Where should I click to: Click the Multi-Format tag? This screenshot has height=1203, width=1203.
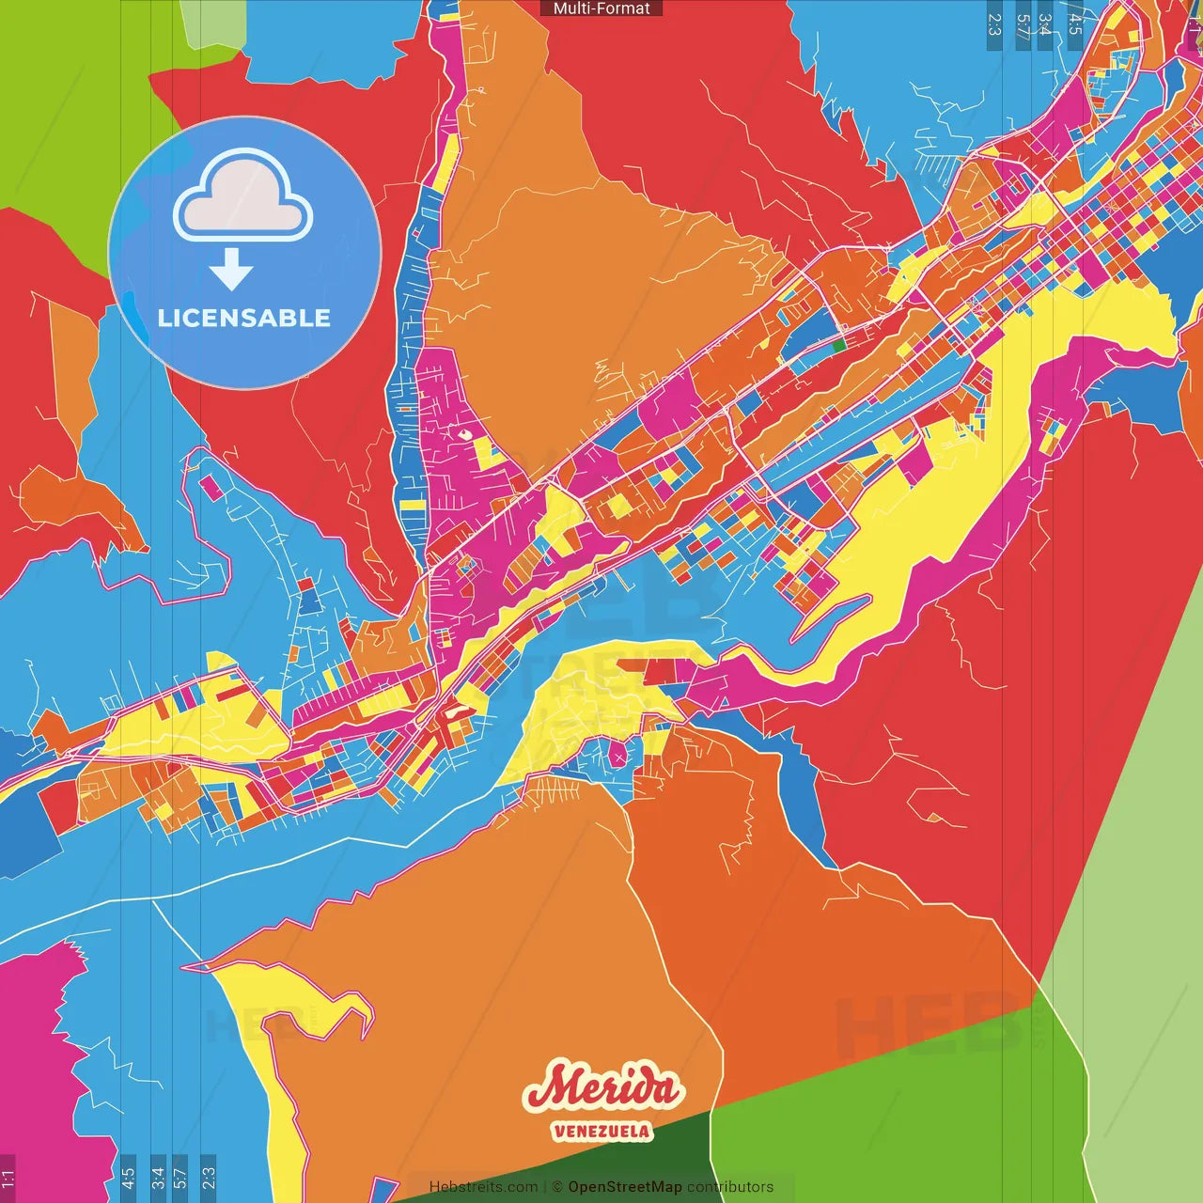(x=601, y=8)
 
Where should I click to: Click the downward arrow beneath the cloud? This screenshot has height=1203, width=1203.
(x=231, y=269)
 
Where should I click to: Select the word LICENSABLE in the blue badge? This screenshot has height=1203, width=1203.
(x=244, y=318)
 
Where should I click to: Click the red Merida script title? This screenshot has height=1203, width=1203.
(x=602, y=1088)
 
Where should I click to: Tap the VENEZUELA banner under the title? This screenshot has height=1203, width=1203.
(x=601, y=1131)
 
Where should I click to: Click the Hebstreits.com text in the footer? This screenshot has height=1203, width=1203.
(x=483, y=1187)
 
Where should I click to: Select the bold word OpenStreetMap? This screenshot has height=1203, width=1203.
(x=625, y=1187)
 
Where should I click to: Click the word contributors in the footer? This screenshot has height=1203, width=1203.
(x=730, y=1187)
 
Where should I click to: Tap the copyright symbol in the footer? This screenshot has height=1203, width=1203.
(x=556, y=1187)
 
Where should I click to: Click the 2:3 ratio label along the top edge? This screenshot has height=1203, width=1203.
(x=994, y=24)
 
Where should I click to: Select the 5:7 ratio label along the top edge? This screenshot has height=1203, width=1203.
(x=1022, y=24)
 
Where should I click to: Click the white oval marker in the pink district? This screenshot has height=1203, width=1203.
(x=464, y=434)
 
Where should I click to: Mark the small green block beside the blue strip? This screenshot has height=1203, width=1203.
(x=838, y=345)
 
